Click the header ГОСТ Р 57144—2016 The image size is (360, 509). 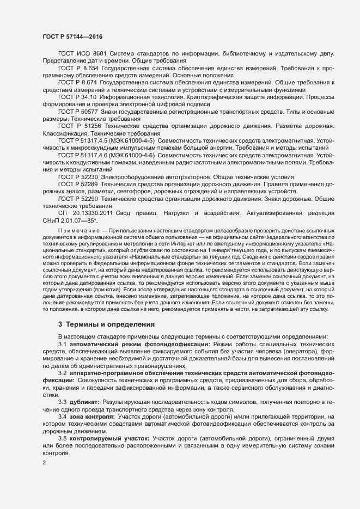pos(71,36)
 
